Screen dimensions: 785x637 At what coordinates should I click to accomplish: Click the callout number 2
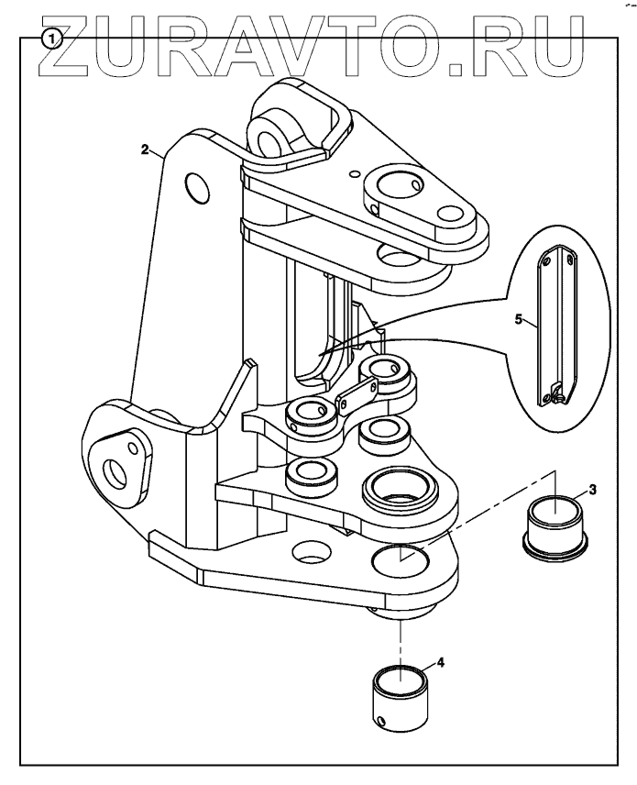tap(146, 150)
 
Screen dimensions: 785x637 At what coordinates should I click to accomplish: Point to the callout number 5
tap(519, 320)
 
